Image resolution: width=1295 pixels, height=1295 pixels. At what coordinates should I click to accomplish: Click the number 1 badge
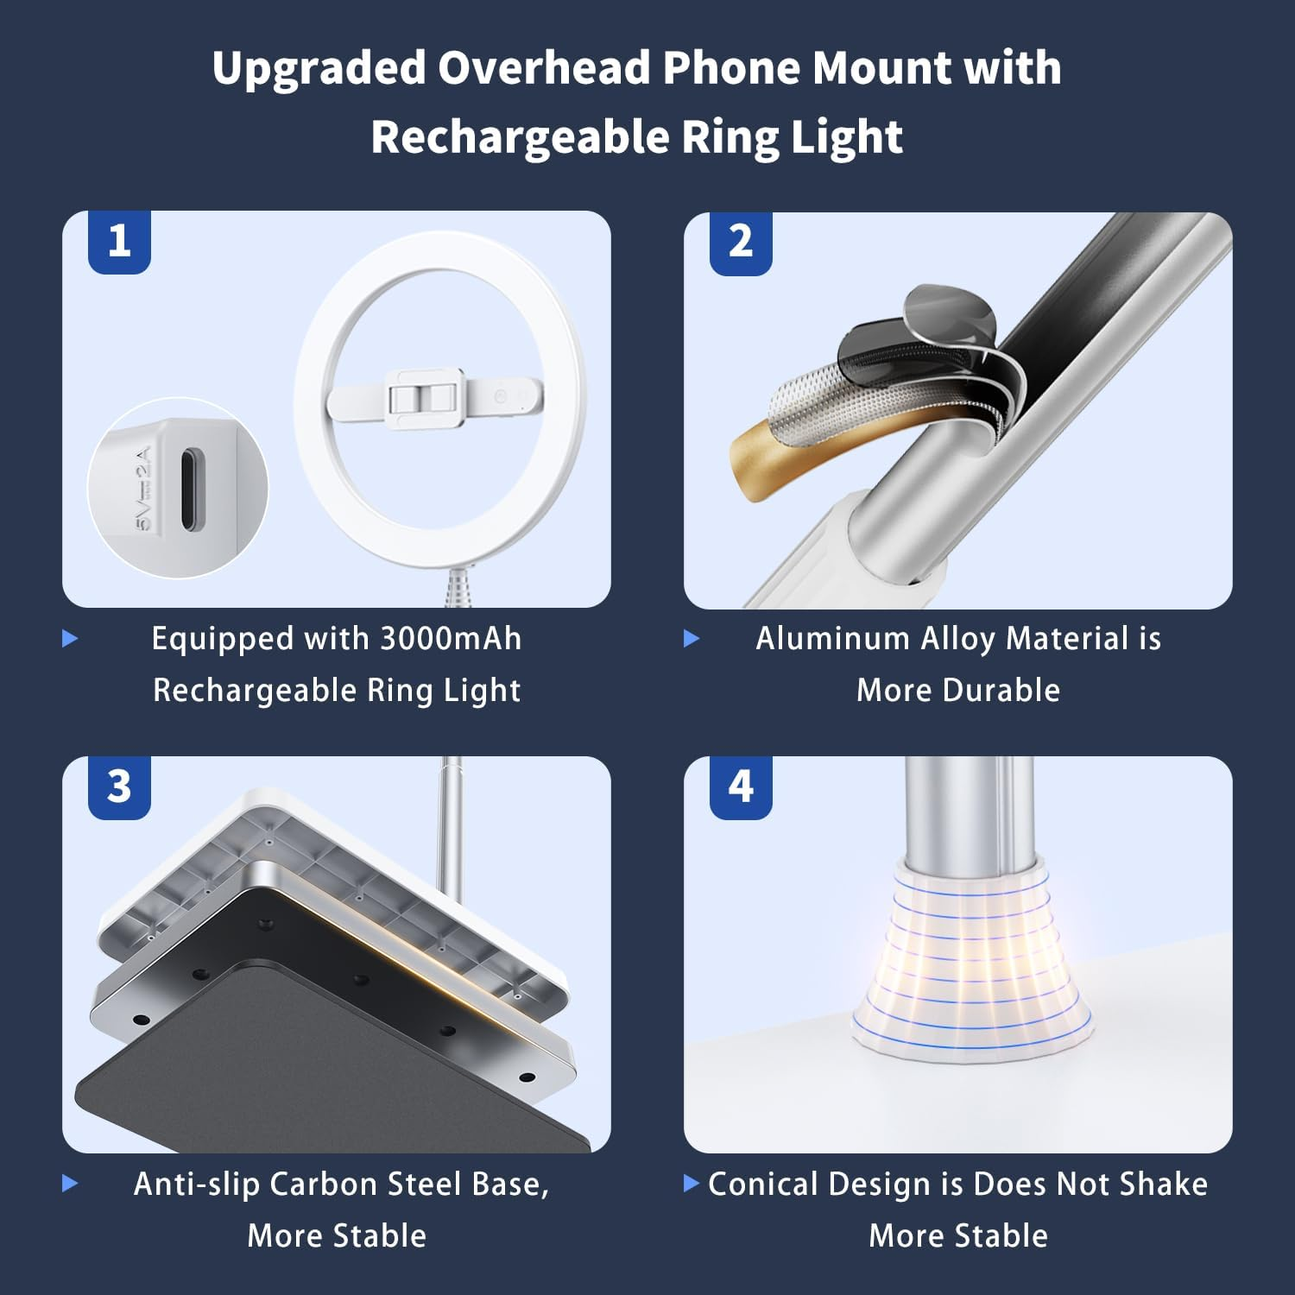(119, 241)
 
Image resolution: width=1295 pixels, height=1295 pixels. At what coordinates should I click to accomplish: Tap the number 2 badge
(741, 241)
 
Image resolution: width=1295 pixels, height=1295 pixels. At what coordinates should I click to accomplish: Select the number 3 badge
(119, 786)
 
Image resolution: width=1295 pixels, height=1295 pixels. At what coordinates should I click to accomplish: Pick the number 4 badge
(741, 786)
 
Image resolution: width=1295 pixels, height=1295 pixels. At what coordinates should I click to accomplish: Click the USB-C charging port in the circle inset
(187, 488)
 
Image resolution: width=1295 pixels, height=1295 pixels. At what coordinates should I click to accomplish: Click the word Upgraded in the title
(319, 67)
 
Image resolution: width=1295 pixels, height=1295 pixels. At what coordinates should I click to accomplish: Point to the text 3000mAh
(451, 639)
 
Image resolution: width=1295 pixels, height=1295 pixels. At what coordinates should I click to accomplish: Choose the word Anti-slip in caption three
(197, 1184)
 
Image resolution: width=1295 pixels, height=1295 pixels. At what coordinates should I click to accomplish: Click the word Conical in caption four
(762, 1184)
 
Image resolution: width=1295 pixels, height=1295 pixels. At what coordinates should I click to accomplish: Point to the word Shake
(1163, 1184)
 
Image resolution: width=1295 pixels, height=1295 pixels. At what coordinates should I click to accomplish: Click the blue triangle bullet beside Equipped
(71, 639)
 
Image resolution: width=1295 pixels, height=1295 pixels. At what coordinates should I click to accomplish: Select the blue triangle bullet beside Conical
(691, 1183)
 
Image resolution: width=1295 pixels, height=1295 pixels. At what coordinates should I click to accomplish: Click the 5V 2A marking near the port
(144, 488)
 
